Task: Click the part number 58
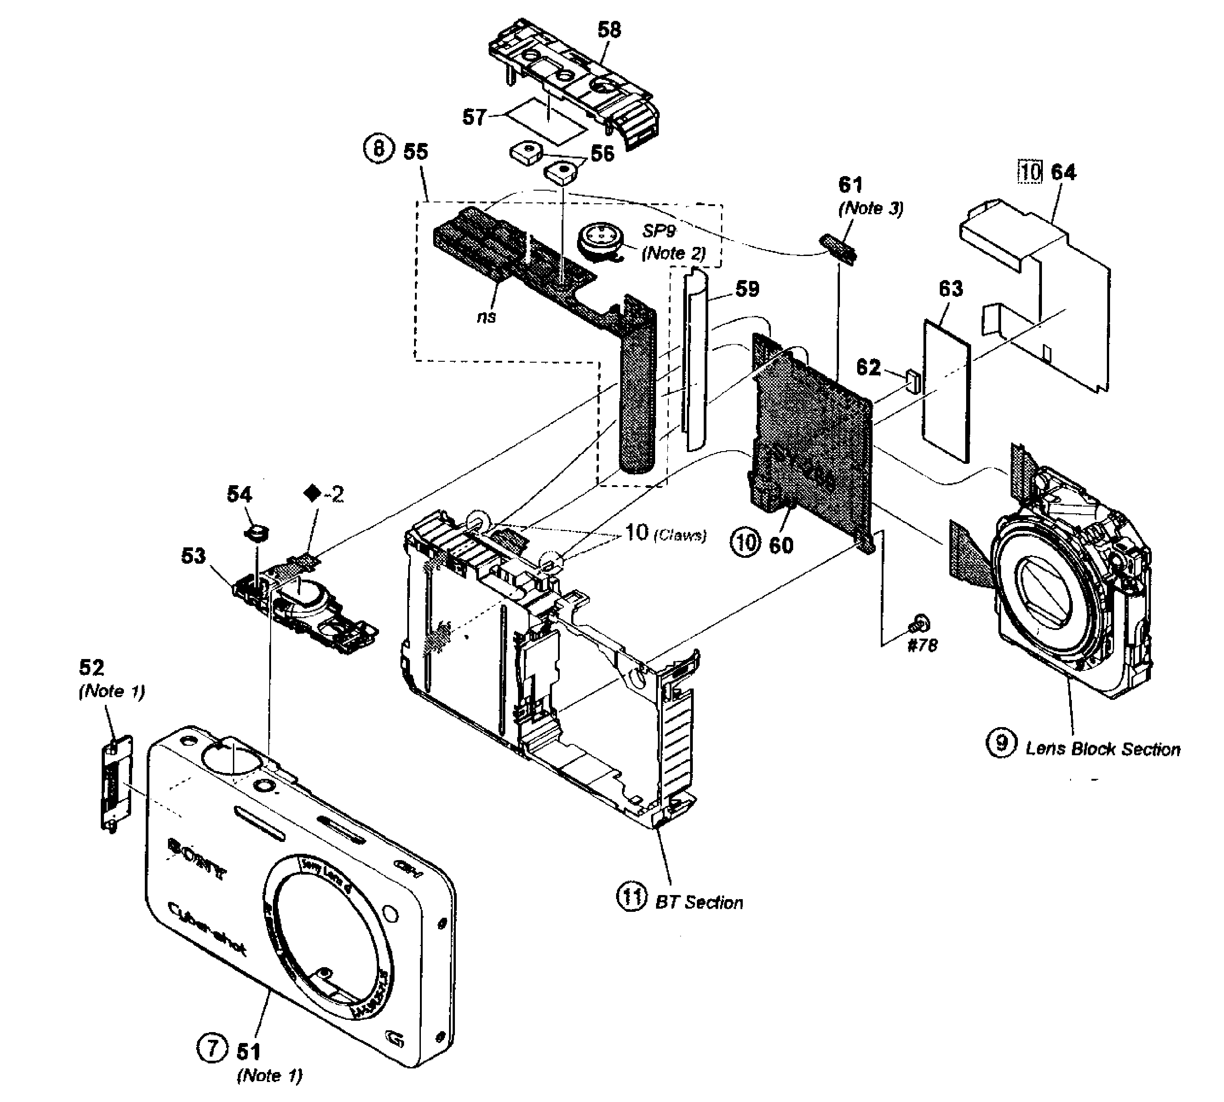609,29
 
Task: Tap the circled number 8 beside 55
379,149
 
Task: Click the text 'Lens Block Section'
1102,749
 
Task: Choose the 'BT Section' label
699,902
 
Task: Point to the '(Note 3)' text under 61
870,208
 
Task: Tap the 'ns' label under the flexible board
486,317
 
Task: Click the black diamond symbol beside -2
312,494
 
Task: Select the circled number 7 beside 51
212,1047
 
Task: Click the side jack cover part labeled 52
115,783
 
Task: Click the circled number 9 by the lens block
1001,743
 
